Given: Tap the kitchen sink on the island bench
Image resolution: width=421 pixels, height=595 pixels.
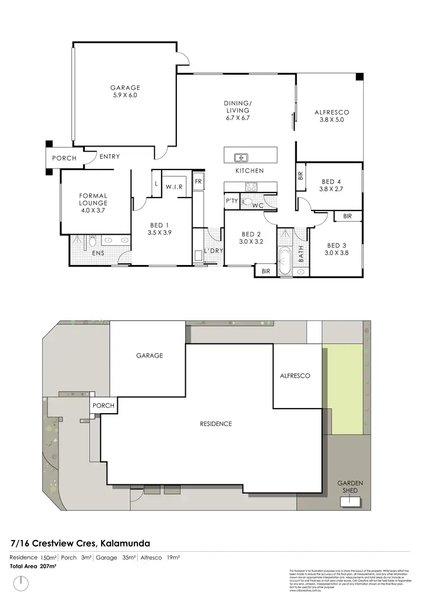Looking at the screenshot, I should click(x=241, y=157).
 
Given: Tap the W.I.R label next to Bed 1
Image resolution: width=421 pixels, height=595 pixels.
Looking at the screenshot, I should click(x=173, y=186).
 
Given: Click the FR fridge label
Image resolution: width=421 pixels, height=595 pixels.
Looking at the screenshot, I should click(x=198, y=181).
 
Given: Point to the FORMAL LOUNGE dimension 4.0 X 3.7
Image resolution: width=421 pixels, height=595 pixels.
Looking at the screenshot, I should click(x=93, y=210).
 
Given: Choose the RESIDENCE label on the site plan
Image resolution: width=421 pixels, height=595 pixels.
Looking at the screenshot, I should click(x=216, y=424).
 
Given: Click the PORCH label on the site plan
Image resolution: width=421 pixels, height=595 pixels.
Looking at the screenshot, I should click(x=103, y=406).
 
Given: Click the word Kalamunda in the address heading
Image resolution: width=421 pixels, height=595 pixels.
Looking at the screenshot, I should click(x=125, y=543).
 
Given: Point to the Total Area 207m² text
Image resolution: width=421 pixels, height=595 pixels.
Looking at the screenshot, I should click(x=33, y=566).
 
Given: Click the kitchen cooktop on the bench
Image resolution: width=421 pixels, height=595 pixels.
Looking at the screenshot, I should click(x=251, y=187).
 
